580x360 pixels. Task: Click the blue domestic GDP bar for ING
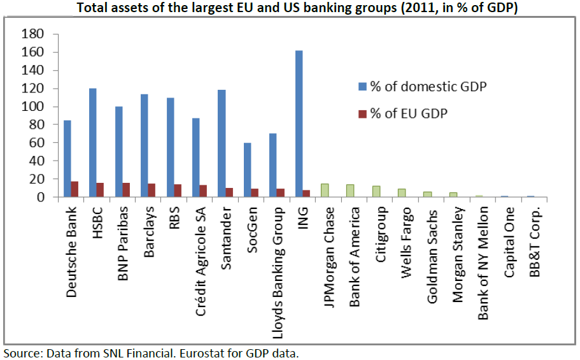pyautogui.click(x=299, y=124)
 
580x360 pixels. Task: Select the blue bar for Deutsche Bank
pyautogui.click(x=67, y=159)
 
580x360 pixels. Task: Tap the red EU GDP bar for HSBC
pyautogui.click(x=101, y=190)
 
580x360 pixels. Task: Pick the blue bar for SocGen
pyautogui.click(x=247, y=170)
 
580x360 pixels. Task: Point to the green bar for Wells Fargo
pyautogui.click(x=402, y=193)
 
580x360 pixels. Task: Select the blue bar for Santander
pyautogui.click(x=221, y=143)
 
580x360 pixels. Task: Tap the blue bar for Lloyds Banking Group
pyautogui.click(x=272, y=165)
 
